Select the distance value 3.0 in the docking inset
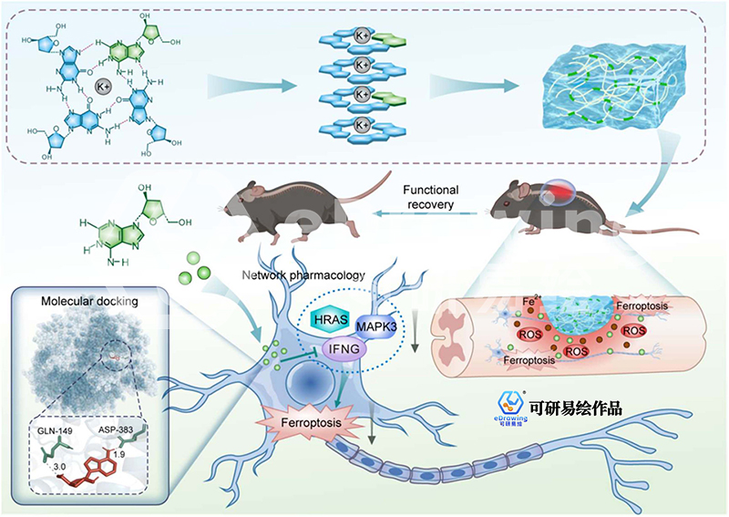tap(59, 467)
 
